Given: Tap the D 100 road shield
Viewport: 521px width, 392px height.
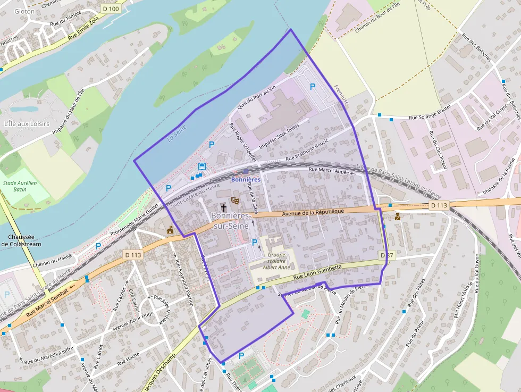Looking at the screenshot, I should pyautogui.click(x=111, y=9).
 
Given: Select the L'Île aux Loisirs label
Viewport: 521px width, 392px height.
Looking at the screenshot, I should pyautogui.click(x=27, y=124).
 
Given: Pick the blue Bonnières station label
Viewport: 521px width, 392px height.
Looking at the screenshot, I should pyautogui.click(x=246, y=180).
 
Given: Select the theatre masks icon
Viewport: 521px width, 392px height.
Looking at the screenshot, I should pyautogui.click(x=234, y=201).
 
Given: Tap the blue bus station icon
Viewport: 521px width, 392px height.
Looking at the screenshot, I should pyautogui.click(x=202, y=166).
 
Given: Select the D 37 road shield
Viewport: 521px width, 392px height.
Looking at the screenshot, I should pyautogui.click(x=386, y=256).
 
